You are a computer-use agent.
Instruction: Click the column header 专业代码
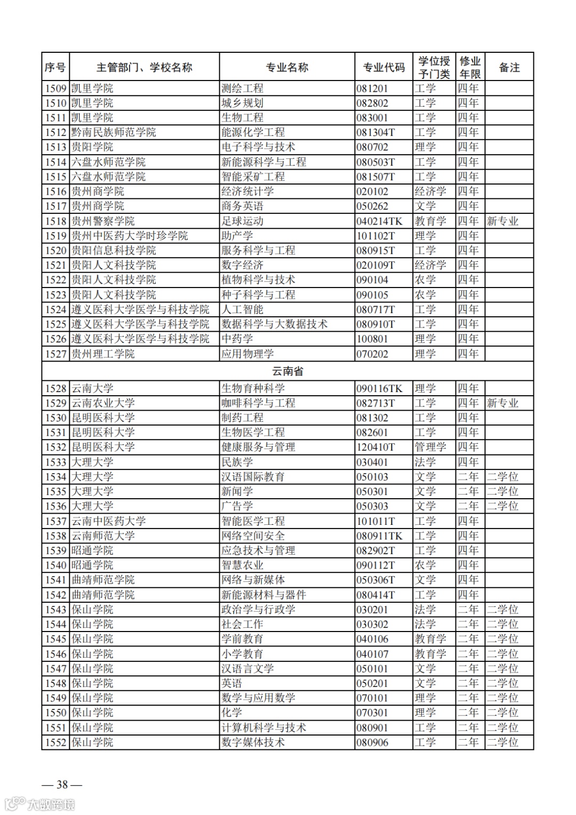[383, 67]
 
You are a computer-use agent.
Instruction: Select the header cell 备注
[509, 67]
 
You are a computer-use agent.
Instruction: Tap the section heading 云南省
[287, 371]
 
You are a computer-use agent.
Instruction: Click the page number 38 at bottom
[62, 784]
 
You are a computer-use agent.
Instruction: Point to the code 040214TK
[379, 221]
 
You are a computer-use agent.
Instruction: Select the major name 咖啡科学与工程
[258, 403]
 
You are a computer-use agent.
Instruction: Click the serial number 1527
[55, 354]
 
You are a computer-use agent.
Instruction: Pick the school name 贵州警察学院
[103, 221]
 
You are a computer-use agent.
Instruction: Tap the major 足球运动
[242, 221]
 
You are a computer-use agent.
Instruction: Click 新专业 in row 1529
[502, 403]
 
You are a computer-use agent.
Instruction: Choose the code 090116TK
[379, 388]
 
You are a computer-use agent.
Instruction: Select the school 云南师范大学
[103, 536]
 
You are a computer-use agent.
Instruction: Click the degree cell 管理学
[430, 447]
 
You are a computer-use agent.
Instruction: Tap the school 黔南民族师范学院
[114, 132]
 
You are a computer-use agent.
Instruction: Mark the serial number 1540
[55, 565]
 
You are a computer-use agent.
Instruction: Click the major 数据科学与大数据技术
[274, 324]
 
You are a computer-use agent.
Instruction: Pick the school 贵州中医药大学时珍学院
[130, 236]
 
